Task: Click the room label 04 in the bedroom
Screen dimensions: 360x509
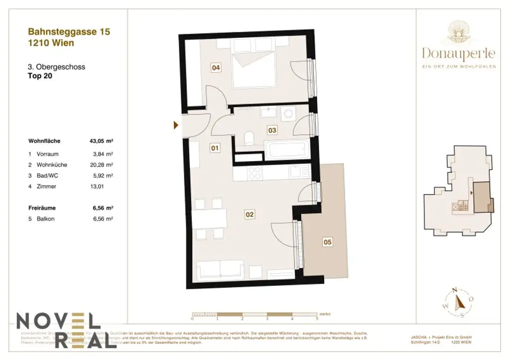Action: [x=216, y=68]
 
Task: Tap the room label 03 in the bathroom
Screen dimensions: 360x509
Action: [x=272, y=130]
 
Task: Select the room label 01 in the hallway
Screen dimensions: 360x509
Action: [x=215, y=148]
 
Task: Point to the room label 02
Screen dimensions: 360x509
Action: [x=250, y=215]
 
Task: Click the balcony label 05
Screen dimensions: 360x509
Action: [x=327, y=243]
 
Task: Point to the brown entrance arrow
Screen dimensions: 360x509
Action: [x=175, y=125]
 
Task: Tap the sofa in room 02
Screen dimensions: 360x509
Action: [x=220, y=270]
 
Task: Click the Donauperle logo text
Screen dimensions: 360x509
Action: [x=458, y=52]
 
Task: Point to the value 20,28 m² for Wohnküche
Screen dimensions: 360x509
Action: [x=102, y=165]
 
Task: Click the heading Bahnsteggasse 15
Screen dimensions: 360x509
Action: [x=69, y=32]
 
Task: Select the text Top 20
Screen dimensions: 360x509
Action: [x=40, y=76]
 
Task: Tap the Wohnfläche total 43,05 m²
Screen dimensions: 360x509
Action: [x=101, y=141]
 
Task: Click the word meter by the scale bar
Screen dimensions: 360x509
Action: [x=325, y=314]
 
